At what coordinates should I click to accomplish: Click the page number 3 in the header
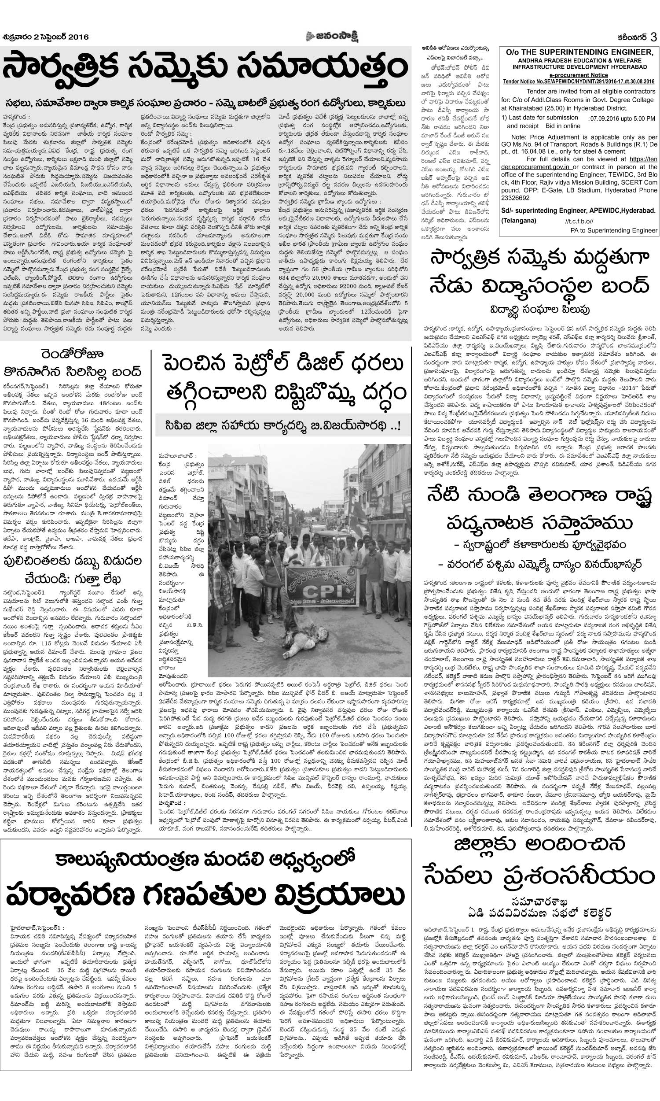point(653,37)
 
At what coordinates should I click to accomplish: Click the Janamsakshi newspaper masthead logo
point(329,37)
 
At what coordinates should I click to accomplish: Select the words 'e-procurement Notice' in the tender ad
point(578,75)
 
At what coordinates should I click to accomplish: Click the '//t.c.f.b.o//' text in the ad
point(579,221)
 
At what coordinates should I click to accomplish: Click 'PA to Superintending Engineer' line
point(613,230)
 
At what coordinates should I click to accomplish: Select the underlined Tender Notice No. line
point(578,81)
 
